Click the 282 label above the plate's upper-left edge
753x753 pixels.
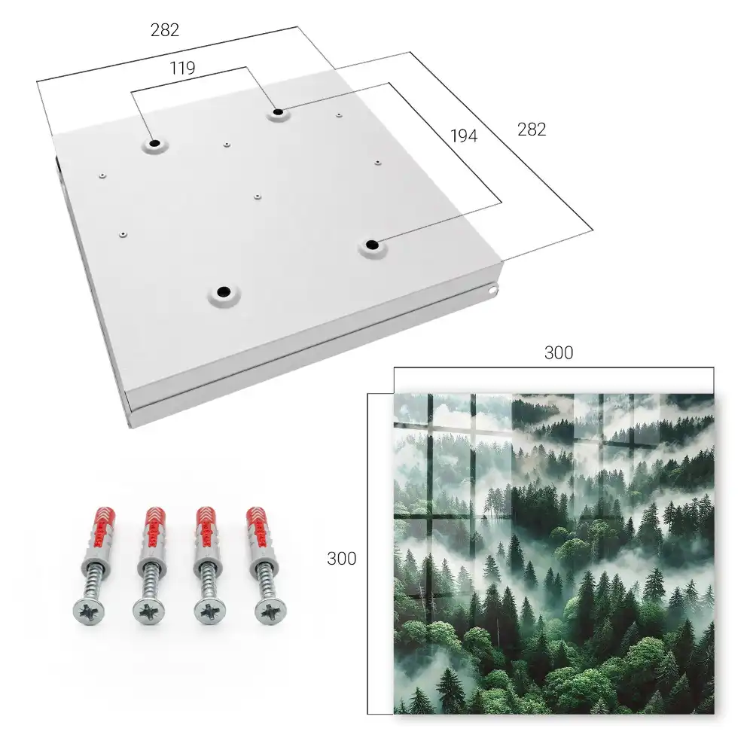[165, 30]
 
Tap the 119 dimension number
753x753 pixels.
[182, 69]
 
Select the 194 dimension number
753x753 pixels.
[464, 136]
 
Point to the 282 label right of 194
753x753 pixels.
[532, 130]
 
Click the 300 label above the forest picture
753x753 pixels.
[559, 353]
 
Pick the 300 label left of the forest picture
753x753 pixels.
[341, 559]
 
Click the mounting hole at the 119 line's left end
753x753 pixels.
[154, 144]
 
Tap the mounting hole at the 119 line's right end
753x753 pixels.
[278, 113]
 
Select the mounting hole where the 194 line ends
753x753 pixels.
[372, 245]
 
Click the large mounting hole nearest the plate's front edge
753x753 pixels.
[224, 291]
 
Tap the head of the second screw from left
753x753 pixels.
[148, 611]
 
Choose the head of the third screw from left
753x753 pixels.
[210, 611]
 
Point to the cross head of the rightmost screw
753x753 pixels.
[271, 611]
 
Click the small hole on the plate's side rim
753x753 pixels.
[492, 290]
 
